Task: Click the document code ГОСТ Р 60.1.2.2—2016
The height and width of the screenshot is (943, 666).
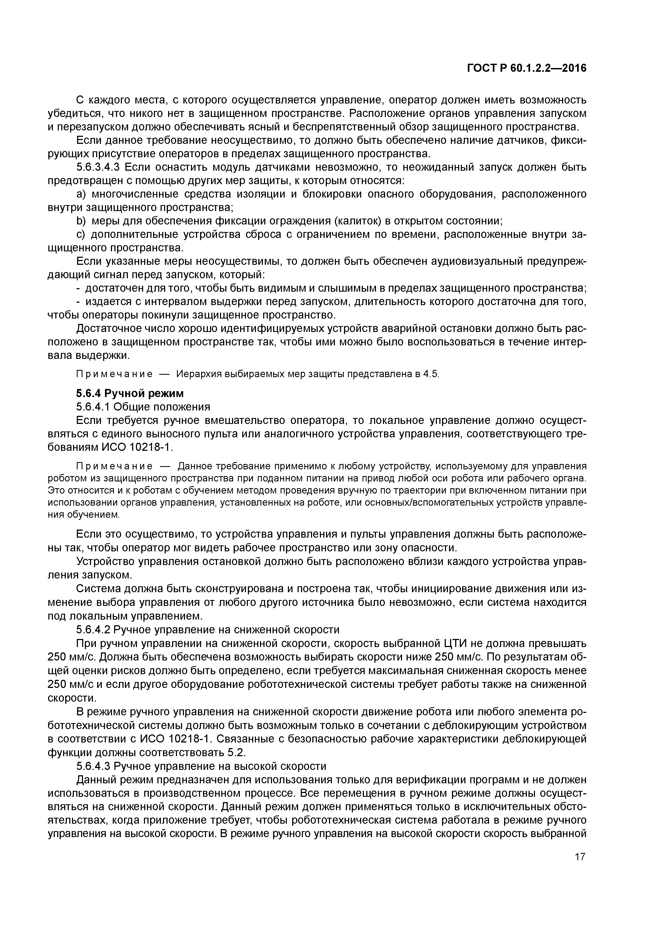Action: pos(527,69)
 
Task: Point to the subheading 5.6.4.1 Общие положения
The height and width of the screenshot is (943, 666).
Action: pos(143,407)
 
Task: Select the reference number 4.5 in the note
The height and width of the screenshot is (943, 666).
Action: pos(431,374)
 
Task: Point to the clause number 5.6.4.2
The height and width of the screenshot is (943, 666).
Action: pos(92,630)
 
